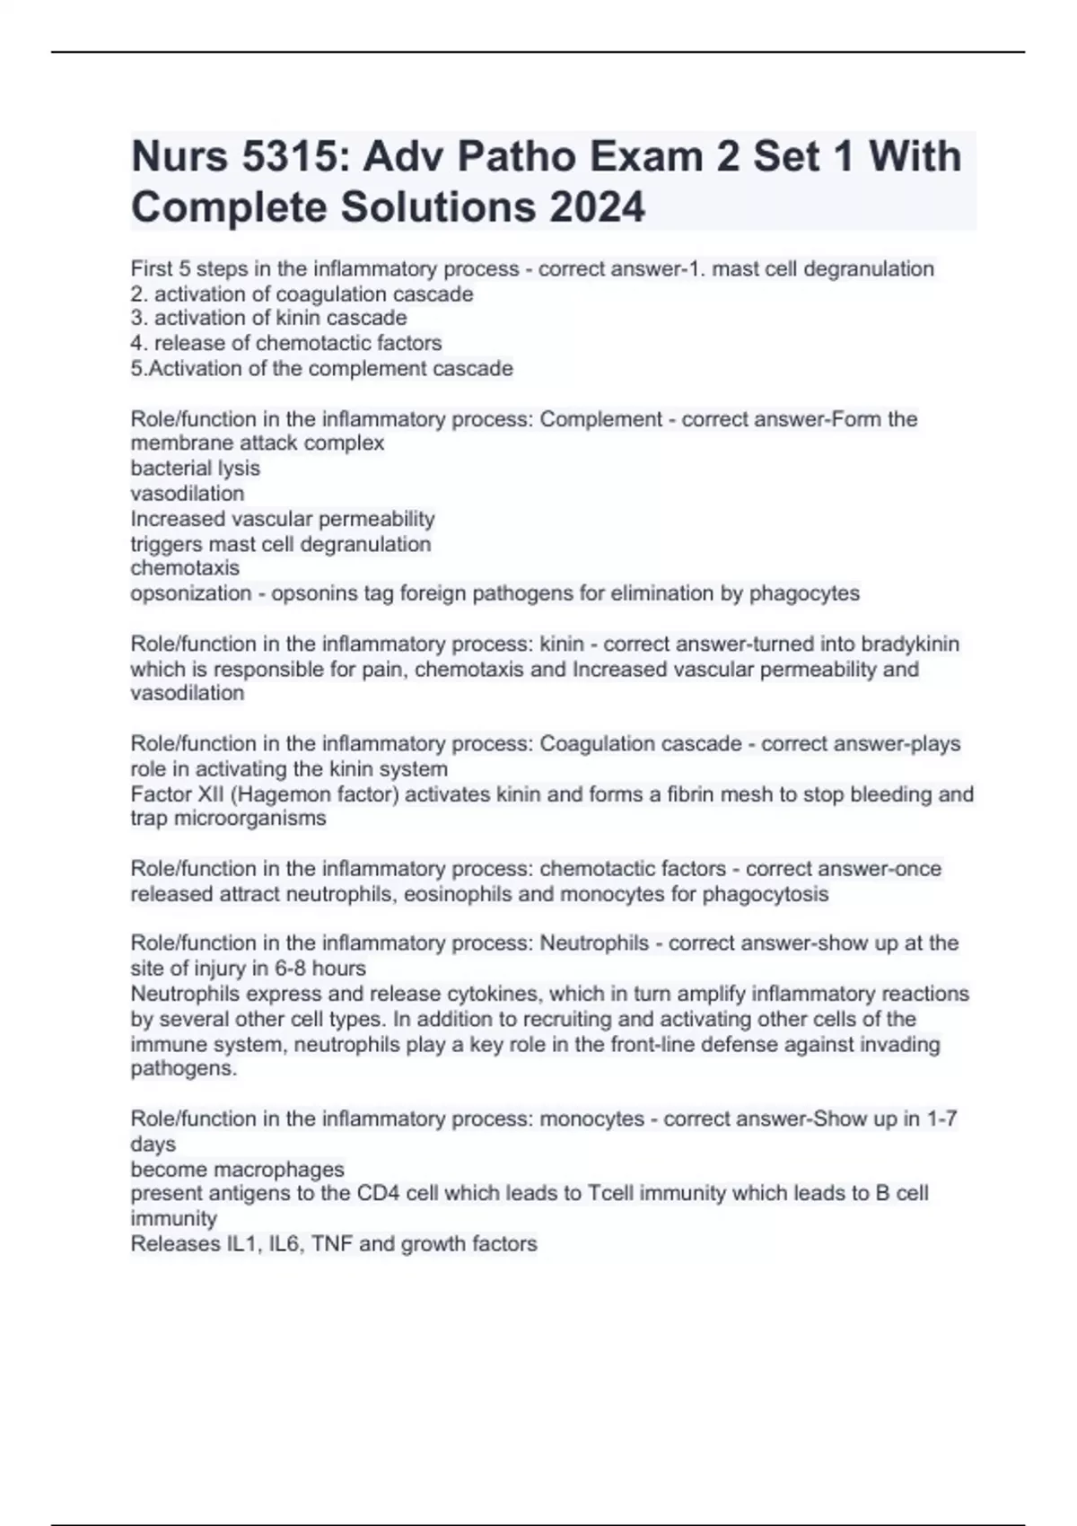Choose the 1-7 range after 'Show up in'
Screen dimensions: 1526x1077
click(x=941, y=1118)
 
